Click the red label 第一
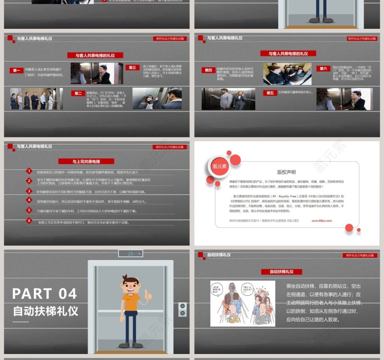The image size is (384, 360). point(17,70)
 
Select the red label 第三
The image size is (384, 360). point(133,68)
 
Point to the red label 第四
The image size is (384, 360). point(208,70)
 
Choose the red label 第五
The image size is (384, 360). point(270,93)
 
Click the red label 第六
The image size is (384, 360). point(323,69)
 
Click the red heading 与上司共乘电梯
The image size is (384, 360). point(86,161)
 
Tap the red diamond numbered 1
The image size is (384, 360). point(28,171)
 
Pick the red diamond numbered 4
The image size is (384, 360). point(28,201)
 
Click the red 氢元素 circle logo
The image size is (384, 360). point(219,166)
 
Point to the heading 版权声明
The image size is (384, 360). point(286,172)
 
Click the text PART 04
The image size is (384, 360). point(44,293)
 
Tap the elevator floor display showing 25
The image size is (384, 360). point(130,253)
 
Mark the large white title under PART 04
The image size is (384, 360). point(45,312)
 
